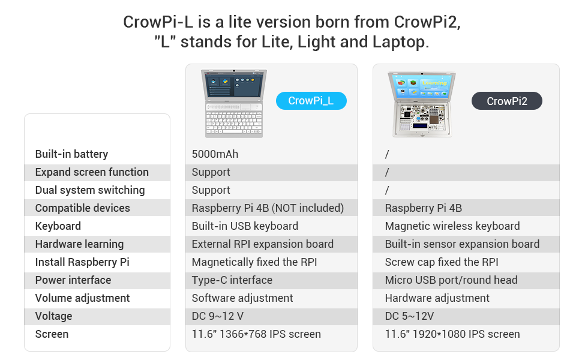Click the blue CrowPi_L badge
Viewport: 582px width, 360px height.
pyautogui.click(x=311, y=101)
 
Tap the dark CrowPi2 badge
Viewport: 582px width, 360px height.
pyautogui.click(x=507, y=101)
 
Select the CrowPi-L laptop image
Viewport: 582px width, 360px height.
pyautogui.click(x=234, y=103)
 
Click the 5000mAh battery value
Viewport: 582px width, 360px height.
pyautogui.click(x=215, y=154)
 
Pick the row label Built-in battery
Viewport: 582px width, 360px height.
pyautogui.click(x=71, y=154)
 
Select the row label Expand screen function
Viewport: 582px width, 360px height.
pyautogui.click(x=92, y=172)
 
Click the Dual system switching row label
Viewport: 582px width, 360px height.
pyautogui.click(x=90, y=190)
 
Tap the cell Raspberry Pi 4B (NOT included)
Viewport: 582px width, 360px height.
pyautogui.click(x=268, y=208)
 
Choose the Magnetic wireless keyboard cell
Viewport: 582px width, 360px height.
pyautogui.click(x=452, y=226)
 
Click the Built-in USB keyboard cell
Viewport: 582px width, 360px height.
pyautogui.click(x=245, y=226)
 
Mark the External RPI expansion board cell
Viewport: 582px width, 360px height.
pyautogui.click(x=263, y=244)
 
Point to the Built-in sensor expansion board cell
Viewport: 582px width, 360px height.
pyautogui.click(x=462, y=244)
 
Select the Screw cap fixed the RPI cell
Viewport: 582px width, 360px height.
pyautogui.click(x=442, y=262)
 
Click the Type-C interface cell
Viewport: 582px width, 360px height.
pyautogui.click(x=232, y=280)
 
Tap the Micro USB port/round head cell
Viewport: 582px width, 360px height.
pyautogui.click(x=451, y=280)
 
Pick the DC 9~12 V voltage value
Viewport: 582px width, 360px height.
pyautogui.click(x=218, y=316)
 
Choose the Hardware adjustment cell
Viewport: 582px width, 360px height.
pyautogui.click(x=437, y=298)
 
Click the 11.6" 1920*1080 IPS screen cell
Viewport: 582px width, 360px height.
pyautogui.click(x=452, y=334)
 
